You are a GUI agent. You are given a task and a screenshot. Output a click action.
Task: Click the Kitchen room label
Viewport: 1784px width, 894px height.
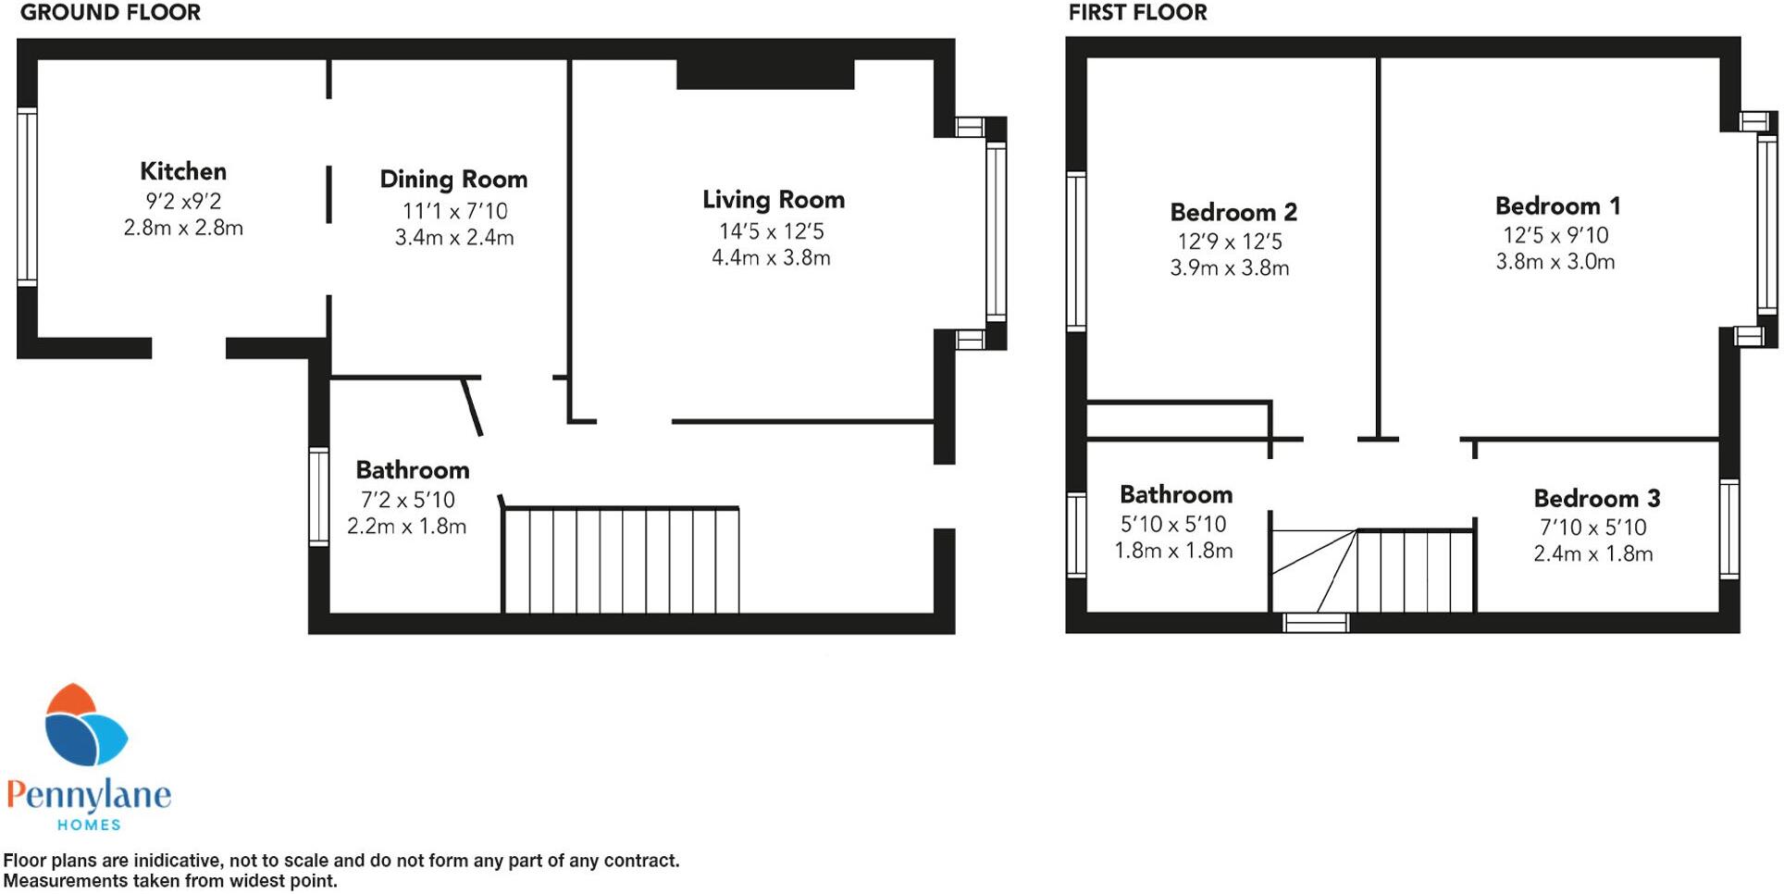183,171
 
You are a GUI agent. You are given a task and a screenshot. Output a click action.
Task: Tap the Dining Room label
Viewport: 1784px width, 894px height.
453,180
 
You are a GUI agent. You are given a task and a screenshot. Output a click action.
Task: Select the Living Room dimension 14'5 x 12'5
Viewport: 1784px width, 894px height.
771,231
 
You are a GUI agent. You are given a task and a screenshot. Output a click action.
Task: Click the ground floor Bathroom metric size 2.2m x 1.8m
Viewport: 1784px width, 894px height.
406,527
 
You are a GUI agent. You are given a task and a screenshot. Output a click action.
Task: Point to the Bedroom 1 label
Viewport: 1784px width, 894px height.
1557,205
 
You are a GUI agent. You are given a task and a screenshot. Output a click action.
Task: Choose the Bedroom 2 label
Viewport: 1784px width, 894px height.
1233,212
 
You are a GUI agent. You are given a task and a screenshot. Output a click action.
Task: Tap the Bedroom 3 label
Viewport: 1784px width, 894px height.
1596,499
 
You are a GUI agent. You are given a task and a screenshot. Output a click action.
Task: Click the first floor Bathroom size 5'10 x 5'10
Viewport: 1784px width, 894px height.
1173,525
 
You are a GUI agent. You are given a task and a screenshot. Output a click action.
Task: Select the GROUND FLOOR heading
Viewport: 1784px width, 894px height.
110,13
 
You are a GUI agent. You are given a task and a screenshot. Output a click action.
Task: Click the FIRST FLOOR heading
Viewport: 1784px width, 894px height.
1137,13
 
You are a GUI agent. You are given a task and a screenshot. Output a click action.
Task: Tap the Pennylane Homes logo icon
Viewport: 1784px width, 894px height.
85,726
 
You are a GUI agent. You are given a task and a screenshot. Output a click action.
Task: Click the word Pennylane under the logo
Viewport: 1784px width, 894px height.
89,795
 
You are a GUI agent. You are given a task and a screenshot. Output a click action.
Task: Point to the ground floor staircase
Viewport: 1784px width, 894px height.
620,560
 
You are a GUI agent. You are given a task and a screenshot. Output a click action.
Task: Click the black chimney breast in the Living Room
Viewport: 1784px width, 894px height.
764,74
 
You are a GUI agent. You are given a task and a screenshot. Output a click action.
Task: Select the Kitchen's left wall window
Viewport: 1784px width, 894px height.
27,196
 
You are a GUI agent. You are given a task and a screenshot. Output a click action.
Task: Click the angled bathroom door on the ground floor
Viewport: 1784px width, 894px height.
472,407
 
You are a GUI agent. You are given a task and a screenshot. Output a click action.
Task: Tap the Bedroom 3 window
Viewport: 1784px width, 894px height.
1728,528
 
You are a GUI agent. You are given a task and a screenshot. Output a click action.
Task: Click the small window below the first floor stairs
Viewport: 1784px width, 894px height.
1315,623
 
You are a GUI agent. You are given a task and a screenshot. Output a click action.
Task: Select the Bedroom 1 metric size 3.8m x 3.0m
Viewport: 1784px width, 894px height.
1555,262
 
